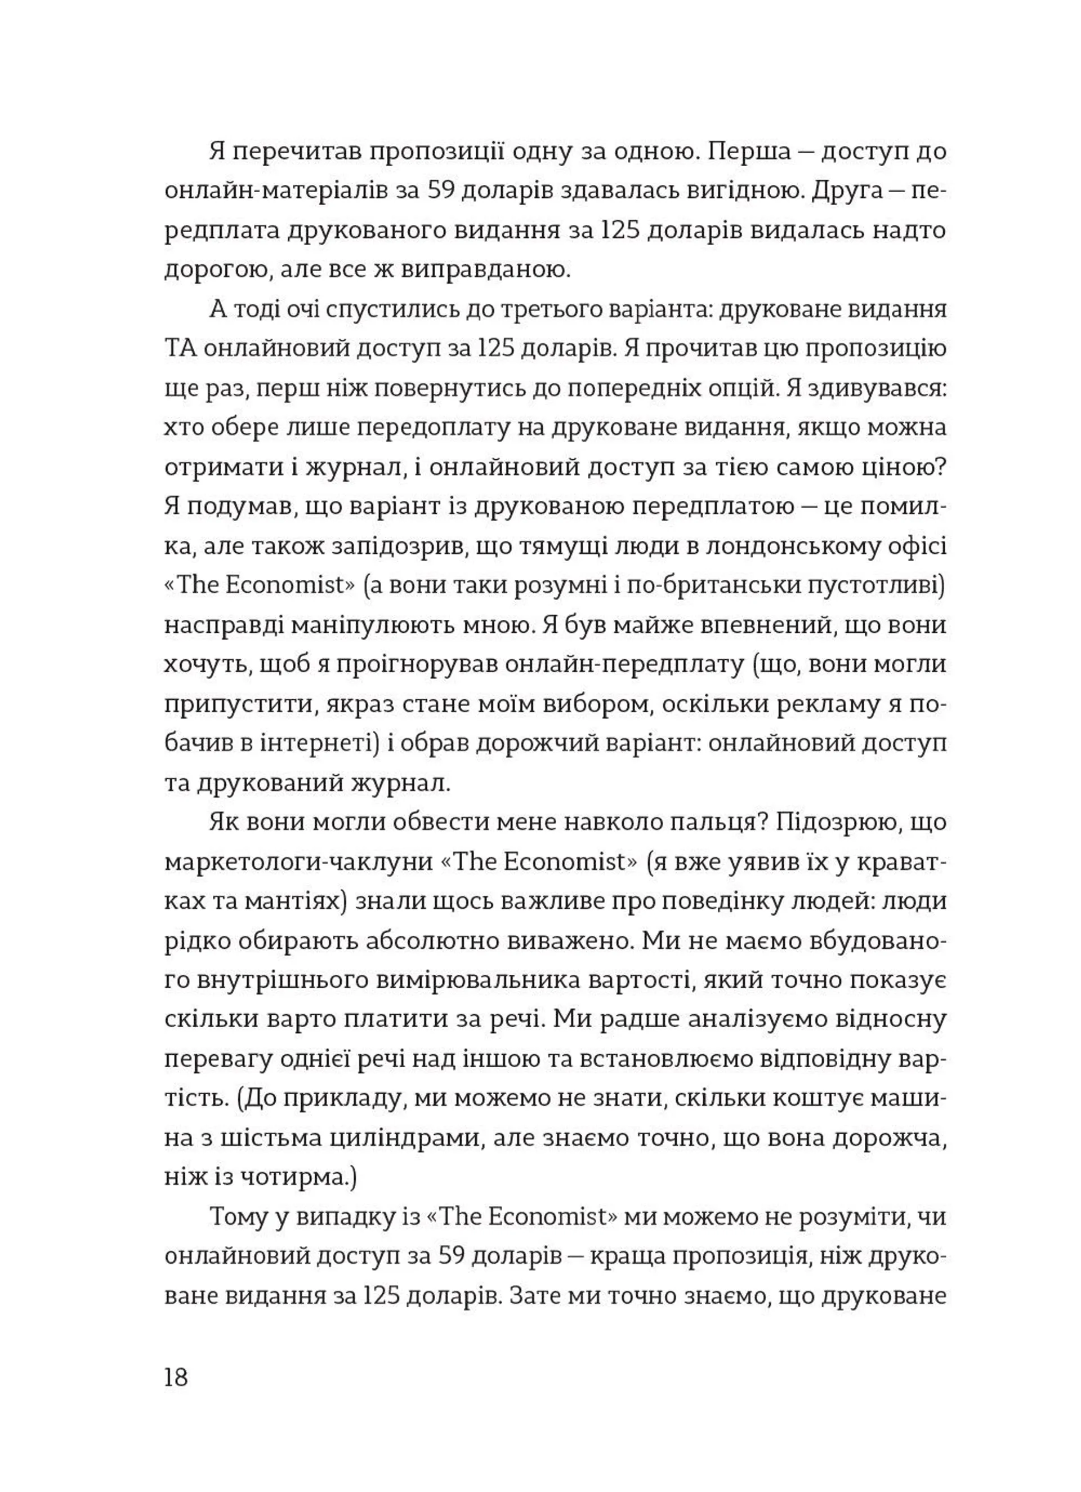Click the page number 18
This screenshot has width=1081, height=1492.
[x=176, y=1376]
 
